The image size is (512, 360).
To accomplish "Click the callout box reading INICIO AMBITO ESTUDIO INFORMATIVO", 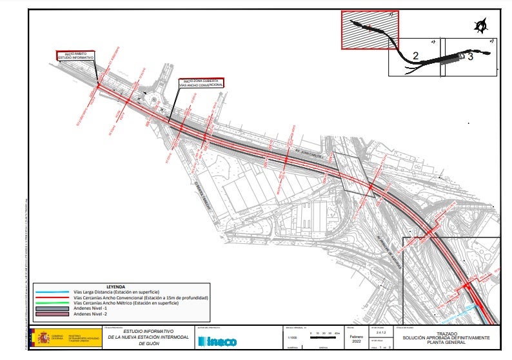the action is point(76,56).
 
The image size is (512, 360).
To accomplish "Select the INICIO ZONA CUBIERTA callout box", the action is point(202,83).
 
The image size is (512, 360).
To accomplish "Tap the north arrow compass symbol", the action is point(480,26).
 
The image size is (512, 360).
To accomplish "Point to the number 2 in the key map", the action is point(416,57).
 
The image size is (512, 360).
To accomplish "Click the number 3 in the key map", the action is point(470,57).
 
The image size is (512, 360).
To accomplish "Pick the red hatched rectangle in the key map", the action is point(369,30).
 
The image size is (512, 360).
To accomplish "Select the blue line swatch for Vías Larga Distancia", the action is point(53,292).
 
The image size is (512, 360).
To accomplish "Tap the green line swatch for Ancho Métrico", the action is point(53,303).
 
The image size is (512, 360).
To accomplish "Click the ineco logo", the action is point(217,341).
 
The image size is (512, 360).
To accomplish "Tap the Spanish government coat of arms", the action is point(44,338).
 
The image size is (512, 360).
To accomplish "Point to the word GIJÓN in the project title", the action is point(148,345).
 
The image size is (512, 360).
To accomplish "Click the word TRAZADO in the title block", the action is point(446,334).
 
